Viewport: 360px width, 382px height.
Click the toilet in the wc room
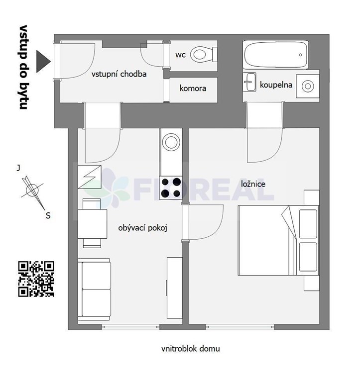(x=204, y=54)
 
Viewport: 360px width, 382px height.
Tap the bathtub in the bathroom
(x=276, y=55)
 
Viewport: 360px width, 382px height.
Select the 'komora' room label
(x=193, y=88)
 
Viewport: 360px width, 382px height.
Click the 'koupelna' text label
(x=276, y=85)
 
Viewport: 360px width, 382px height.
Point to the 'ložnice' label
(x=253, y=184)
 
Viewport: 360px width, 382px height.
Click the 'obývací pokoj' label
(x=143, y=228)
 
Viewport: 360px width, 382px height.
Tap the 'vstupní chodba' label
(x=119, y=74)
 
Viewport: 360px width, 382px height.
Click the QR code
(x=36, y=279)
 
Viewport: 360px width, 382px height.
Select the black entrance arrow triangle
(x=43, y=61)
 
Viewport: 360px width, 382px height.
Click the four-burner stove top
(x=171, y=188)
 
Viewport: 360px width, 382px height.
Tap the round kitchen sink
(x=171, y=142)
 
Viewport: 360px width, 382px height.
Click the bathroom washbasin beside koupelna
(x=249, y=82)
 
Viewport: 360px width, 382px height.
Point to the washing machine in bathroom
(x=308, y=86)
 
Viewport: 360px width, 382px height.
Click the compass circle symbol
(x=32, y=190)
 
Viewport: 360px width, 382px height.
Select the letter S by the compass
(x=48, y=215)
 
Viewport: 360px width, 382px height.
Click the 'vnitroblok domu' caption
(x=191, y=349)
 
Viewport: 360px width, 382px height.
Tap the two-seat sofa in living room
(x=94, y=289)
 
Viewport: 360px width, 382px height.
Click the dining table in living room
(x=93, y=224)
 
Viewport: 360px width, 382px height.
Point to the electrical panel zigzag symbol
(x=90, y=177)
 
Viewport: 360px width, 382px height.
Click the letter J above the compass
(x=18, y=168)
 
